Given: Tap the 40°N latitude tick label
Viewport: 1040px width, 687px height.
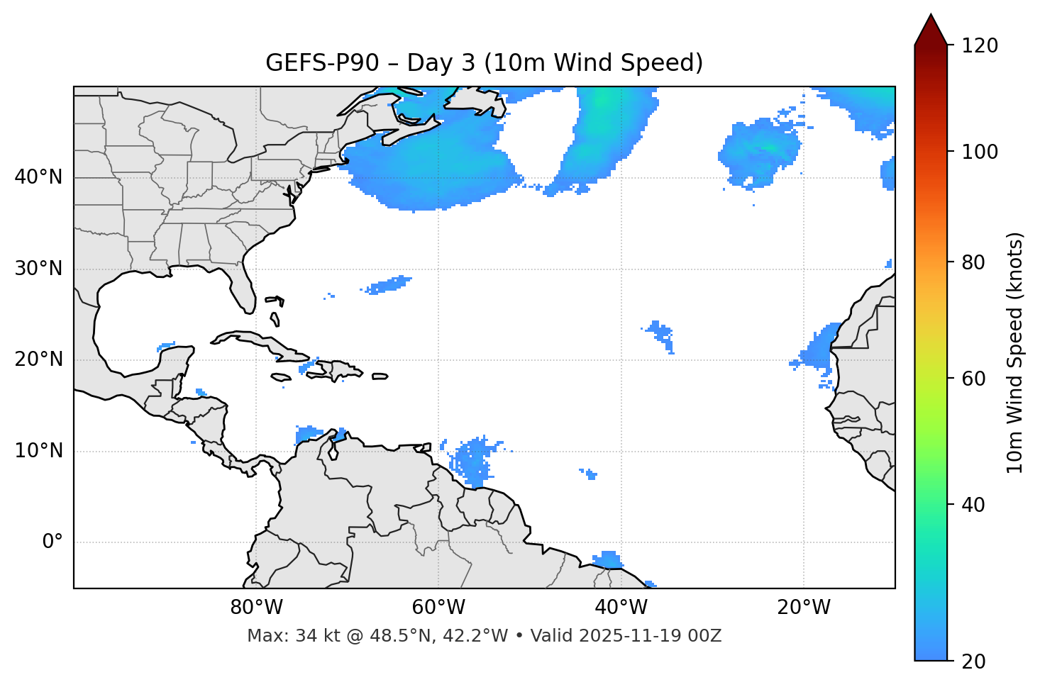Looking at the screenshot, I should pyautogui.click(x=38, y=177).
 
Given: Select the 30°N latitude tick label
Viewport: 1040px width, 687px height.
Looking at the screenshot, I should pyautogui.click(x=38, y=269).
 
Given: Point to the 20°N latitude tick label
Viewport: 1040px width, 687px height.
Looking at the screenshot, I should pyautogui.click(x=38, y=359).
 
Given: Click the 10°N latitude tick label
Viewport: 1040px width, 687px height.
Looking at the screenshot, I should pyautogui.click(x=38, y=451).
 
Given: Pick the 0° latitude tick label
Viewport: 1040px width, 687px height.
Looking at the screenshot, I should pyautogui.click(x=52, y=542).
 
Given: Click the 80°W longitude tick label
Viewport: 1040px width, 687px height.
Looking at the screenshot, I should pyautogui.click(x=256, y=608).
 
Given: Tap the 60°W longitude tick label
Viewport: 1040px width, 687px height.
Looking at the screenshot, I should pyautogui.click(x=438, y=608).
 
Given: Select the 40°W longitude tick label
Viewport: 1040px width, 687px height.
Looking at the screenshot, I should pyautogui.click(x=621, y=608).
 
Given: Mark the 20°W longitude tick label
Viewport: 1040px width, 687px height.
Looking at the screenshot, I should pyautogui.click(x=803, y=608).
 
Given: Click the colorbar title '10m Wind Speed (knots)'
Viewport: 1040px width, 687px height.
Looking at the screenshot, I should pyautogui.click(x=1015, y=352).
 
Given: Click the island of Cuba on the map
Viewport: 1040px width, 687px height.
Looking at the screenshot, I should pyautogui.click(x=259, y=342).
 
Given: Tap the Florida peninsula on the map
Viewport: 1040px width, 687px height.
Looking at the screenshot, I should pyautogui.click(x=243, y=287).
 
